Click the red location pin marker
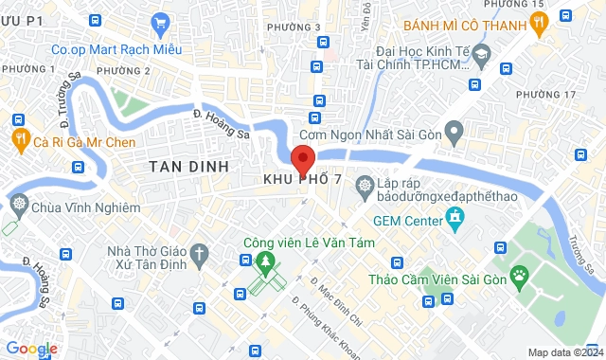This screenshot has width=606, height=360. pos(302,158)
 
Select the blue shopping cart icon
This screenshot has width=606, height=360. pos(159,23)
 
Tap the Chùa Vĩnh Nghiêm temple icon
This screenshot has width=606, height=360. pos(17,205)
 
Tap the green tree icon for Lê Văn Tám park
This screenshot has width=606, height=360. pos(267,261)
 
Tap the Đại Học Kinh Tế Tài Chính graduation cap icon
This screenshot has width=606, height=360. pos(482,55)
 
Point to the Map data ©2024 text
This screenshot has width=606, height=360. pos(564,352)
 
